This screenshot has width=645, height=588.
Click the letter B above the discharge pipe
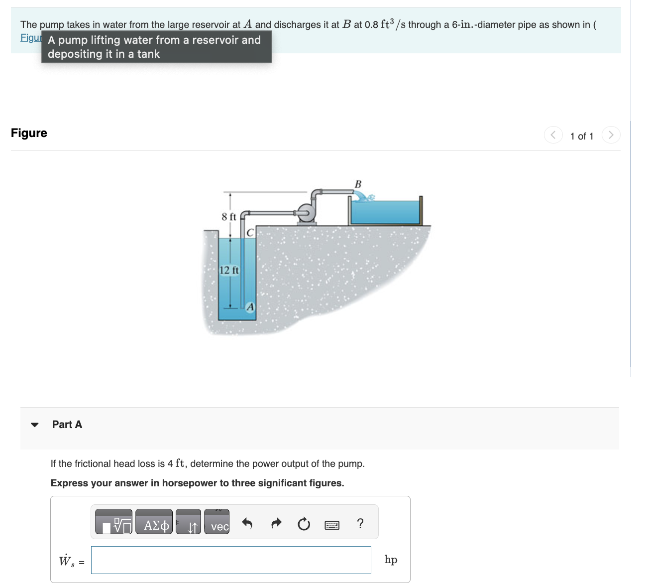[x=358, y=184]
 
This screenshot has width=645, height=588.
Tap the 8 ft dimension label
[x=228, y=217]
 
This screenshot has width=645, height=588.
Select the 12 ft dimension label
[x=229, y=270]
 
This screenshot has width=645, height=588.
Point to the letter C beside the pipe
[x=250, y=233]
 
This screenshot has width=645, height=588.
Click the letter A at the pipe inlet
[x=250, y=307]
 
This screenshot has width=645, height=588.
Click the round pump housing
[x=307, y=213]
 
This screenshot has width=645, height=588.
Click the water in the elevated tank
[x=386, y=212]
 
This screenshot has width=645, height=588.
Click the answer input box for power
[x=231, y=560]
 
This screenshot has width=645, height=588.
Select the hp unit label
[x=391, y=560]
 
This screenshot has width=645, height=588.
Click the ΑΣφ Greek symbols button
[x=154, y=521]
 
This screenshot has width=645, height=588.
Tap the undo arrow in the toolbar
[x=247, y=524]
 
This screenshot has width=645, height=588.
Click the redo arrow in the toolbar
[x=276, y=524]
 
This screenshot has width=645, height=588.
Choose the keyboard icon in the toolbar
[x=332, y=525]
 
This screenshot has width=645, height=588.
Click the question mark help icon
[x=360, y=523]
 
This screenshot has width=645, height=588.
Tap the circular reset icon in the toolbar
[x=304, y=524]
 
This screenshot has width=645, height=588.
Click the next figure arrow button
[x=611, y=135]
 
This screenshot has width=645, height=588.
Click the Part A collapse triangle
[x=35, y=425]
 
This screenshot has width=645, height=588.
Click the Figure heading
[x=29, y=133]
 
